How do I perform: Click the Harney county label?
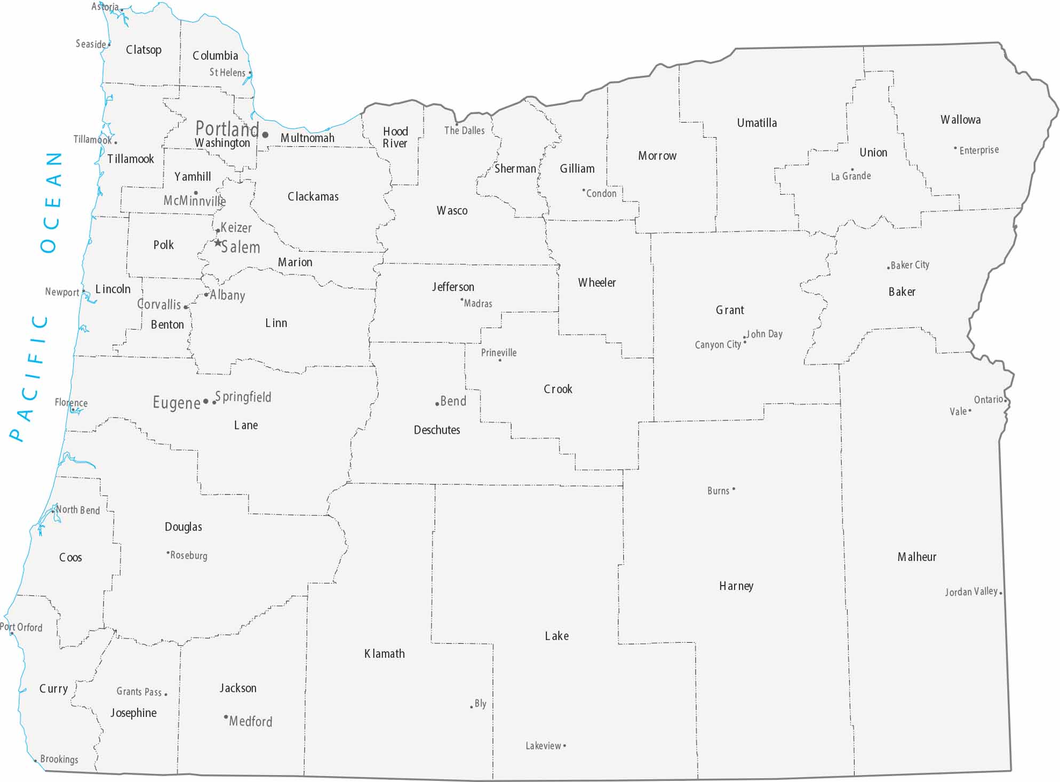click(x=736, y=586)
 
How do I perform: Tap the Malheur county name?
click(x=916, y=557)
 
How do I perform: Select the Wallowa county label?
click(x=960, y=119)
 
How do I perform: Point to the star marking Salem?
click(x=218, y=243)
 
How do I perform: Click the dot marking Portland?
click(x=265, y=134)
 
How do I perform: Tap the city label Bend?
click(x=453, y=401)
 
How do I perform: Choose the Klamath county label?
click(x=384, y=653)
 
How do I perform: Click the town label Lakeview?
click(x=543, y=746)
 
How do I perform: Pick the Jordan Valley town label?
click(x=971, y=592)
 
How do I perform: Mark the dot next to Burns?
click(x=734, y=489)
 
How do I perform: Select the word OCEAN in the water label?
click(x=51, y=203)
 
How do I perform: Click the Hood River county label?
click(x=395, y=137)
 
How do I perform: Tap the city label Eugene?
click(x=176, y=402)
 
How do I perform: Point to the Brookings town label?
click(x=59, y=759)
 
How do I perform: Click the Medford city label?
click(x=250, y=721)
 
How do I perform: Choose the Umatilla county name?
click(x=756, y=123)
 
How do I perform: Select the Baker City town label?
click(x=910, y=265)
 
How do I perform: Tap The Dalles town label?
click(x=464, y=130)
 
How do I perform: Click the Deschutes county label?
click(x=436, y=430)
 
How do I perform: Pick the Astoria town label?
click(x=105, y=7)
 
